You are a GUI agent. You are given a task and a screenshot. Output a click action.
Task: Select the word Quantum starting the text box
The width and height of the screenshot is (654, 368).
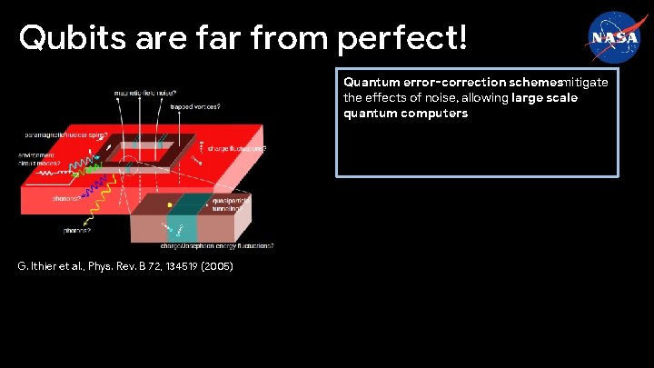pos(368,82)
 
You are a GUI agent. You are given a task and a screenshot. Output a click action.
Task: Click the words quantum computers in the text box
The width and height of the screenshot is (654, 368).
pos(405,114)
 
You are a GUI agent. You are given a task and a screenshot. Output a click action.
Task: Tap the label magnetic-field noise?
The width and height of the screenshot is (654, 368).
pos(144,93)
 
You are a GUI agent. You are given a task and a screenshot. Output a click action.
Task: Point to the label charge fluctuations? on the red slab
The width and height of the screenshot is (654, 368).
pos(237,147)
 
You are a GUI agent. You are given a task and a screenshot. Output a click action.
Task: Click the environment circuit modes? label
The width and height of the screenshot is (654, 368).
pos(37,161)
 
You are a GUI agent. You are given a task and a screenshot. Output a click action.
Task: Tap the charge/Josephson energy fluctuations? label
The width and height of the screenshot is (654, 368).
pos(215,245)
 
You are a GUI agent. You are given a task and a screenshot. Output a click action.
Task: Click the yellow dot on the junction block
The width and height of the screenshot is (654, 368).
pos(169,206)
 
